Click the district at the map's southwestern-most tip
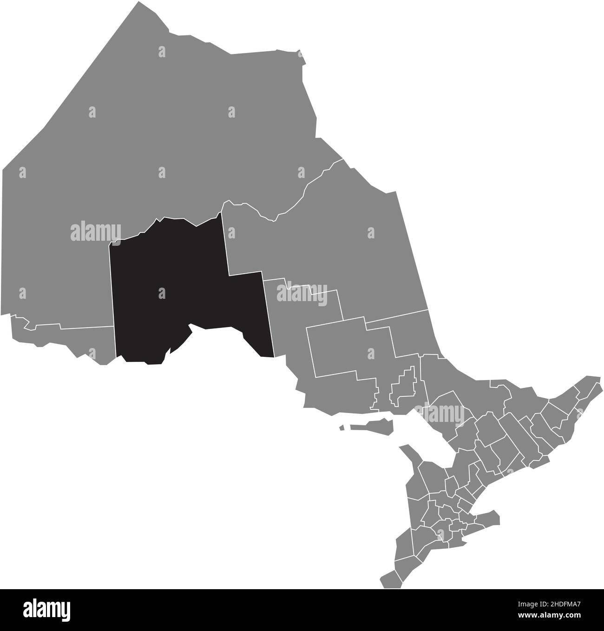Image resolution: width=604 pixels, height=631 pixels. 390,578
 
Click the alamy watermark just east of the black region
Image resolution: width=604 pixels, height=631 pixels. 302,293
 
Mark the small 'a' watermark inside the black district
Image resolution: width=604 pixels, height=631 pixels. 162,293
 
